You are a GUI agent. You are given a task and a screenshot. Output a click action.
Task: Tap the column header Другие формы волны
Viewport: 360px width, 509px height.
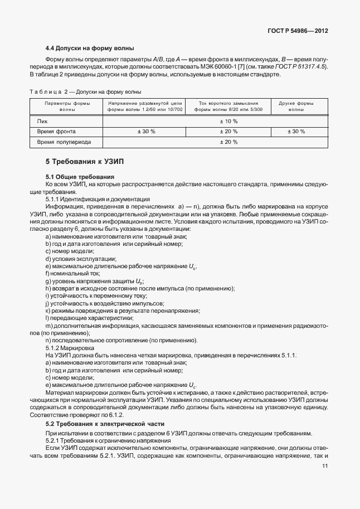pos(296,106)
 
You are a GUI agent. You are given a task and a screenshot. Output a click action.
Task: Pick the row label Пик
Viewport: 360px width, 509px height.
pos(43,121)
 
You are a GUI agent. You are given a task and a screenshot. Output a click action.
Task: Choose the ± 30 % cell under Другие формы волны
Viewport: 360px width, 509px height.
pos(296,132)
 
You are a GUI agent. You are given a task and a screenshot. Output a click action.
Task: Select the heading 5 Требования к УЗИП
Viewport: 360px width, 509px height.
pos(84,161)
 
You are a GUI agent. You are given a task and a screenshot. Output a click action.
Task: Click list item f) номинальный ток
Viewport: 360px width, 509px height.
pos(72,274)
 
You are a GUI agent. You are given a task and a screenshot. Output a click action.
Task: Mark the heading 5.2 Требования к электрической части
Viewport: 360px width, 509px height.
pos(105,424)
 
